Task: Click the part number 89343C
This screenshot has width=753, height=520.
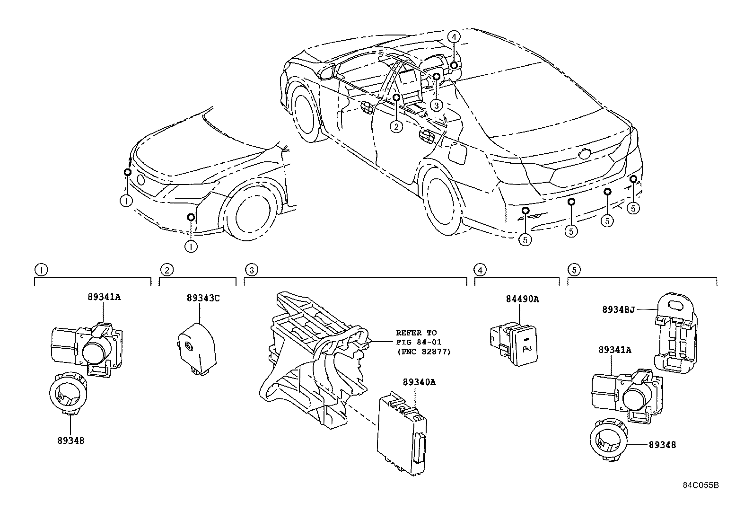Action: [x=203, y=298]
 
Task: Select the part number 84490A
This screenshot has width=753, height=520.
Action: [x=523, y=299]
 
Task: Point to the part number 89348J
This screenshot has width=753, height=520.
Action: [x=618, y=309]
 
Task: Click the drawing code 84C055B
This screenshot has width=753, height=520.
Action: [x=700, y=485]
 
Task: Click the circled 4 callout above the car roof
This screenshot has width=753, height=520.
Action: [x=453, y=36]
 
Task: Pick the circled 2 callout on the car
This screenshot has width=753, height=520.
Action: [x=396, y=126]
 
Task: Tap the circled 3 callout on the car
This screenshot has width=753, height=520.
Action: [x=436, y=105]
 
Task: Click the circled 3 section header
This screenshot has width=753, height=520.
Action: [x=251, y=270]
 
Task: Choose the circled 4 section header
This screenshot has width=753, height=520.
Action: [x=480, y=270]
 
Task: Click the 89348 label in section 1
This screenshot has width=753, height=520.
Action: [x=69, y=440]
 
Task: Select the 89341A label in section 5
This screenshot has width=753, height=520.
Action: [x=614, y=350]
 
